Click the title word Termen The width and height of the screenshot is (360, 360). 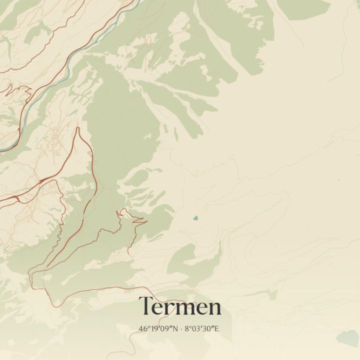180,306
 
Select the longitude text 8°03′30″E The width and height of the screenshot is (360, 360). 202,329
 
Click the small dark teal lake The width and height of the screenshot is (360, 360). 195,218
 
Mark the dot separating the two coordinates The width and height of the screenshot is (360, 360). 181,329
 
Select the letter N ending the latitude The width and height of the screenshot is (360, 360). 175,329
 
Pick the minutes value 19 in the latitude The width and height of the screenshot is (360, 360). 153,329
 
